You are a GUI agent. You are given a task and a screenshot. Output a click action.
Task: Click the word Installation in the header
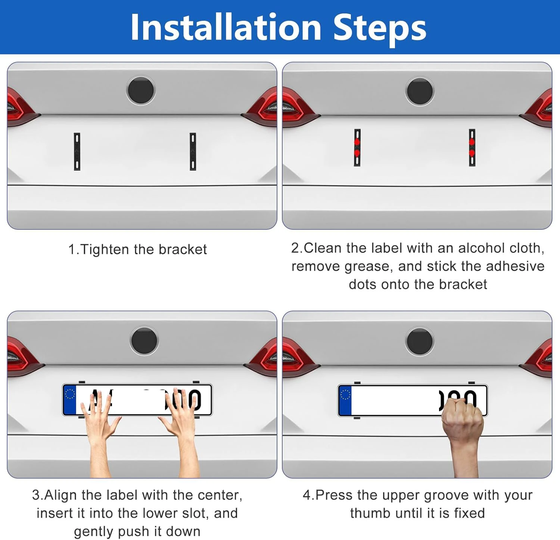pyautogui.click(x=226, y=27)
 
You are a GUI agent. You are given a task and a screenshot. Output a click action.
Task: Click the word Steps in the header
pyautogui.click(x=380, y=28)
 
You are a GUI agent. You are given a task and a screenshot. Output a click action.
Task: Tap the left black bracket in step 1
pyautogui.click(x=77, y=151)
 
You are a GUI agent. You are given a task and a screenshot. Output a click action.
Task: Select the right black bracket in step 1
pyautogui.click(x=193, y=151)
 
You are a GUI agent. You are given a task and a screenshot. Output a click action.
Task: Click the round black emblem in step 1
pyautogui.click(x=140, y=90)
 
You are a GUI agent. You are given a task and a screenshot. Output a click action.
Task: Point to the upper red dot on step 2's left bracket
pyautogui.click(x=357, y=142)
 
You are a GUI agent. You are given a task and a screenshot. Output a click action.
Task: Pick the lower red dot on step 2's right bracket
pyautogui.click(x=472, y=153)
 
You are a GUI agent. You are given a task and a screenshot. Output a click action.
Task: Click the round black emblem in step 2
pyautogui.click(x=420, y=91)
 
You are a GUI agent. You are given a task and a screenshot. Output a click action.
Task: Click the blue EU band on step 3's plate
pyautogui.click(x=70, y=400)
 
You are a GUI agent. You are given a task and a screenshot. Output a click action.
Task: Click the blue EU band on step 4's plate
pyautogui.click(x=345, y=401)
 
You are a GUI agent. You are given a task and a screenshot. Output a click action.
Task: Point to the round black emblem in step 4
pyautogui.click(x=420, y=341)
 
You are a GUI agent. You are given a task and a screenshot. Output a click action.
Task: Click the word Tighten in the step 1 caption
pyautogui.click(x=105, y=249)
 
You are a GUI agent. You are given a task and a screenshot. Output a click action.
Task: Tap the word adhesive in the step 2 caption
pyautogui.click(x=515, y=266)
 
